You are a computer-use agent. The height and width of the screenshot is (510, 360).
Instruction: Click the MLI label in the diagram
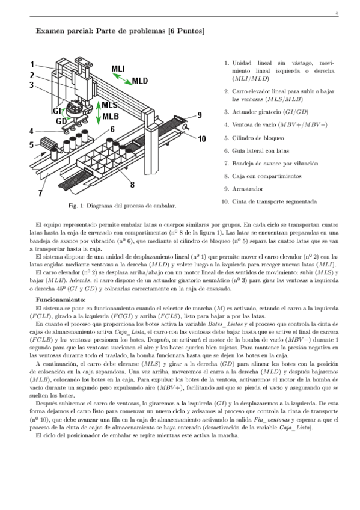pyautogui.click(x=118, y=69)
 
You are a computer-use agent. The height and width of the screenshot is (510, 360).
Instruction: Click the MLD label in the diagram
pyautogui.click(x=139, y=81)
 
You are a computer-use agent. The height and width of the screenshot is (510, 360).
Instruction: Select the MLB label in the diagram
pyautogui.click(x=110, y=116)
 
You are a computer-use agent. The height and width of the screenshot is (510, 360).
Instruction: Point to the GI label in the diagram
pyautogui.click(x=57, y=111)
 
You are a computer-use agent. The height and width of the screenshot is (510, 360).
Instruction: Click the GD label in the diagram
pyautogui.click(x=61, y=121)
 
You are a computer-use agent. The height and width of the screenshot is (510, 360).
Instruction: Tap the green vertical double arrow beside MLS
pyautogui.click(x=97, y=112)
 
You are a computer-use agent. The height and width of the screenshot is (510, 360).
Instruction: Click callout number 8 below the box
pyautogui.click(x=132, y=185)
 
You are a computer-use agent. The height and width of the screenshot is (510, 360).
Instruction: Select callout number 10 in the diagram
pyautogui.click(x=202, y=138)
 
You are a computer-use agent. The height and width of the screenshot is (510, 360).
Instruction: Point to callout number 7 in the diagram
pyautogui.click(x=40, y=193)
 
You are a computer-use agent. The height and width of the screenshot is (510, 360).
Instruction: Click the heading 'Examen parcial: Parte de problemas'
pyautogui.click(x=120, y=30)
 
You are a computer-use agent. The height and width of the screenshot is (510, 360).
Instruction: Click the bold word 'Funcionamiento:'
pyautogui.click(x=61, y=299)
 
